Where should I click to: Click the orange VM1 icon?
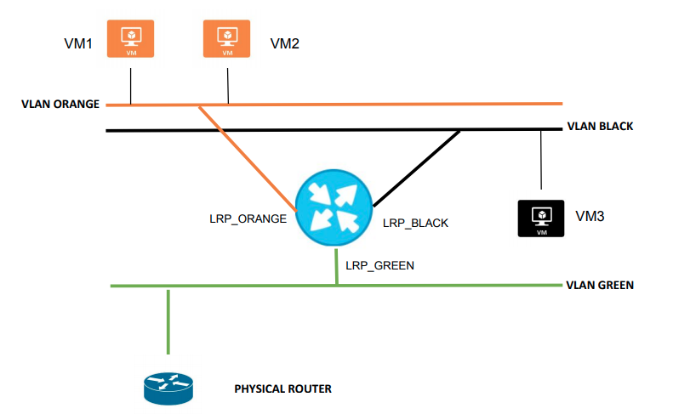(130, 39)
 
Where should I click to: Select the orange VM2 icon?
(227, 39)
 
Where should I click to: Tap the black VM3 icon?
(541, 218)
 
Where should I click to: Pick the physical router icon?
(167, 387)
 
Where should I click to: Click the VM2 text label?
(284, 43)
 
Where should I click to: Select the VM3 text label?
(590, 217)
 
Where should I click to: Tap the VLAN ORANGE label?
(60, 105)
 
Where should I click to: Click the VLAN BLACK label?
(600, 127)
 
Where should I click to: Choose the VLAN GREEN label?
(600, 286)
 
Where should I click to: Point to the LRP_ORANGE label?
(248, 218)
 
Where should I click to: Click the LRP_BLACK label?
(415, 224)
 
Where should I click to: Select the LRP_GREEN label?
(379, 265)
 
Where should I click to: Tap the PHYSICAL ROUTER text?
(282, 389)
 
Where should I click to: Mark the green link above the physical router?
(168, 321)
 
